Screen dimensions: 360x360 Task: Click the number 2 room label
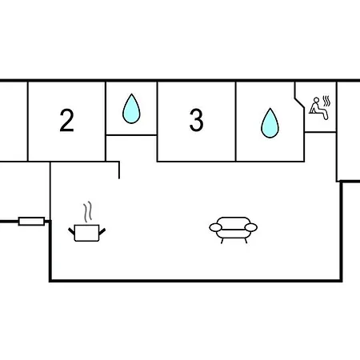tap(66, 120)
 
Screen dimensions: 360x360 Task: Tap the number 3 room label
tap(197, 120)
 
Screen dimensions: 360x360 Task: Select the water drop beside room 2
tap(131, 109)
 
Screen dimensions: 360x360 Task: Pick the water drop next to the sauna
tap(270, 123)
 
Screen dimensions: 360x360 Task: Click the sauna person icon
tap(318, 109)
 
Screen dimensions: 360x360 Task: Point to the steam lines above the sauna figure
tap(326, 101)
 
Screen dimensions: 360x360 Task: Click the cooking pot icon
tap(86, 233)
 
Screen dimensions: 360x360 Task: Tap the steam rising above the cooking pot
tap(88, 212)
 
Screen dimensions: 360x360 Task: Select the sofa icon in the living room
tap(234, 230)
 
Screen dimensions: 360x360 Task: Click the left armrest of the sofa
tap(216, 227)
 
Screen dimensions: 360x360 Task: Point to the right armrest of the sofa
tap(251, 227)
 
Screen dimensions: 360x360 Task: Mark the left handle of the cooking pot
tap(71, 231)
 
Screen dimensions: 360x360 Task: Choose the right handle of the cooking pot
tap(102, 231)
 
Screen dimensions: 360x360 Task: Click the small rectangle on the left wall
tap(31, 222)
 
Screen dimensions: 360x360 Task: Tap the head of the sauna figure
tap(316, 100)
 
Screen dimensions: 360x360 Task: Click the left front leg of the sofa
tap(222, 241)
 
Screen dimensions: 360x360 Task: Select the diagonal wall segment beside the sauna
tap(299, 103)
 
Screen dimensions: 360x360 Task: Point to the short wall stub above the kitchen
tap(119, 170)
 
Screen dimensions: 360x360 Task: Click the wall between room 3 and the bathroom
tap(236, 122)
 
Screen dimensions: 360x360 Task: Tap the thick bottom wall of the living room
tap(195, 281)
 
